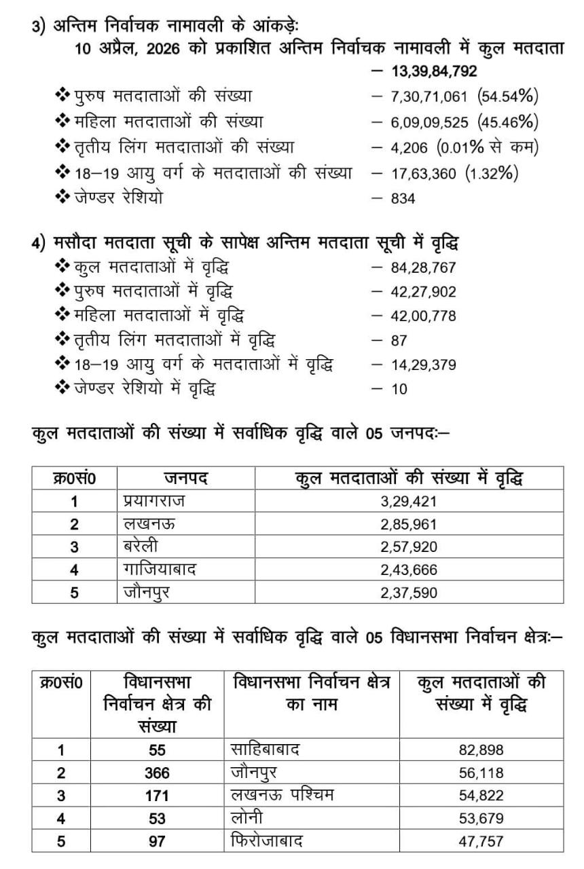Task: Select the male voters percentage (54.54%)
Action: click(x=509, y=97)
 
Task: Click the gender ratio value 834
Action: click(x=404, y=198)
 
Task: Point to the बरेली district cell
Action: click(x=141, y=547)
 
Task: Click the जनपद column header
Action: click(x=185, y=478)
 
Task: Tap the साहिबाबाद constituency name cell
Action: click(x=266, y=750)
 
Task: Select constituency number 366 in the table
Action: click(x=157, y=773)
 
